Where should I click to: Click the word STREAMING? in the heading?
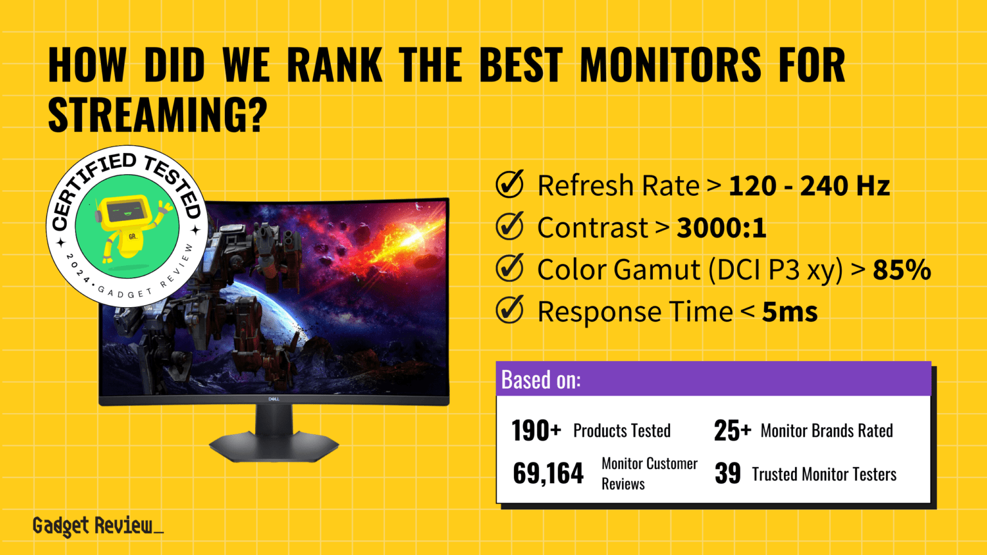coord(157,116)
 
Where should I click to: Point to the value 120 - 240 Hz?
coord(809,186)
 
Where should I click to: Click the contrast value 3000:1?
coord(722,228)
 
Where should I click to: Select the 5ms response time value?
coord(790,312)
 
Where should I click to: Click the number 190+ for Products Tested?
coord(536,431)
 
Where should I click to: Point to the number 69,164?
coord(548,474)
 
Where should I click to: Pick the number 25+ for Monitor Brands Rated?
coord(732,431)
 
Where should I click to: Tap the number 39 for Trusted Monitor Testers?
coord(727,474)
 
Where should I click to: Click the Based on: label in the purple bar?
coord(540,380)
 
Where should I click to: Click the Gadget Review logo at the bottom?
coord(97,526)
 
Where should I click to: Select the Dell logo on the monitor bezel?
coord(274,400)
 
